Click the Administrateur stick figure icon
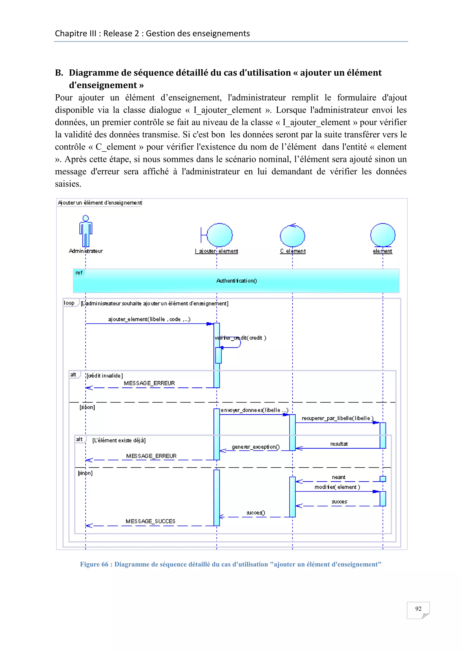click(86, 231)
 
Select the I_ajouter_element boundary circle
click(219, 235)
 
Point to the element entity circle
click(383, 235)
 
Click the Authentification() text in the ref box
click(236, 281)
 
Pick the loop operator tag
click(69, 303)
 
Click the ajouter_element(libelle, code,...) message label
click(149, 319)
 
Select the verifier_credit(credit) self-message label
click(240, 338)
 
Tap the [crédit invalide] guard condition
click(105, 376)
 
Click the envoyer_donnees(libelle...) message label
click(254, 410)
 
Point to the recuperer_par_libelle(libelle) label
click(337, 418)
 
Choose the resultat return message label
click(339, 444)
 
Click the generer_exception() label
click(255, 447)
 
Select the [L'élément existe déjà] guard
click(119, 440)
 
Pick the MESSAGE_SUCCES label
click(150, 521)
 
